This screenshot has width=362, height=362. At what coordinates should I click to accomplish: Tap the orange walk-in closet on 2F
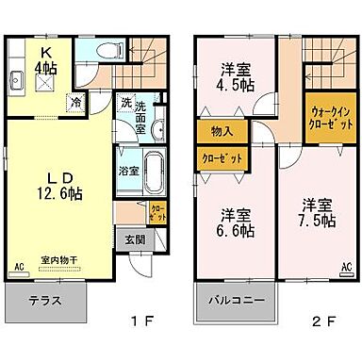[329, 118]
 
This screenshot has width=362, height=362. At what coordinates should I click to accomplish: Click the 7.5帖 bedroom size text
[317, 221]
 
